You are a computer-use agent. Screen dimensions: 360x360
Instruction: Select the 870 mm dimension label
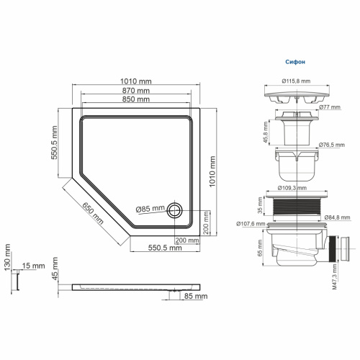[136, 91]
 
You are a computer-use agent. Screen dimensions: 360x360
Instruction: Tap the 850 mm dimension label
[136, 99]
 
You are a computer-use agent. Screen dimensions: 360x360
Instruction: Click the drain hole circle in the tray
[175, 211]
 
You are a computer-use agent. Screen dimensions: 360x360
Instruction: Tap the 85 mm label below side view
[195, 296]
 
